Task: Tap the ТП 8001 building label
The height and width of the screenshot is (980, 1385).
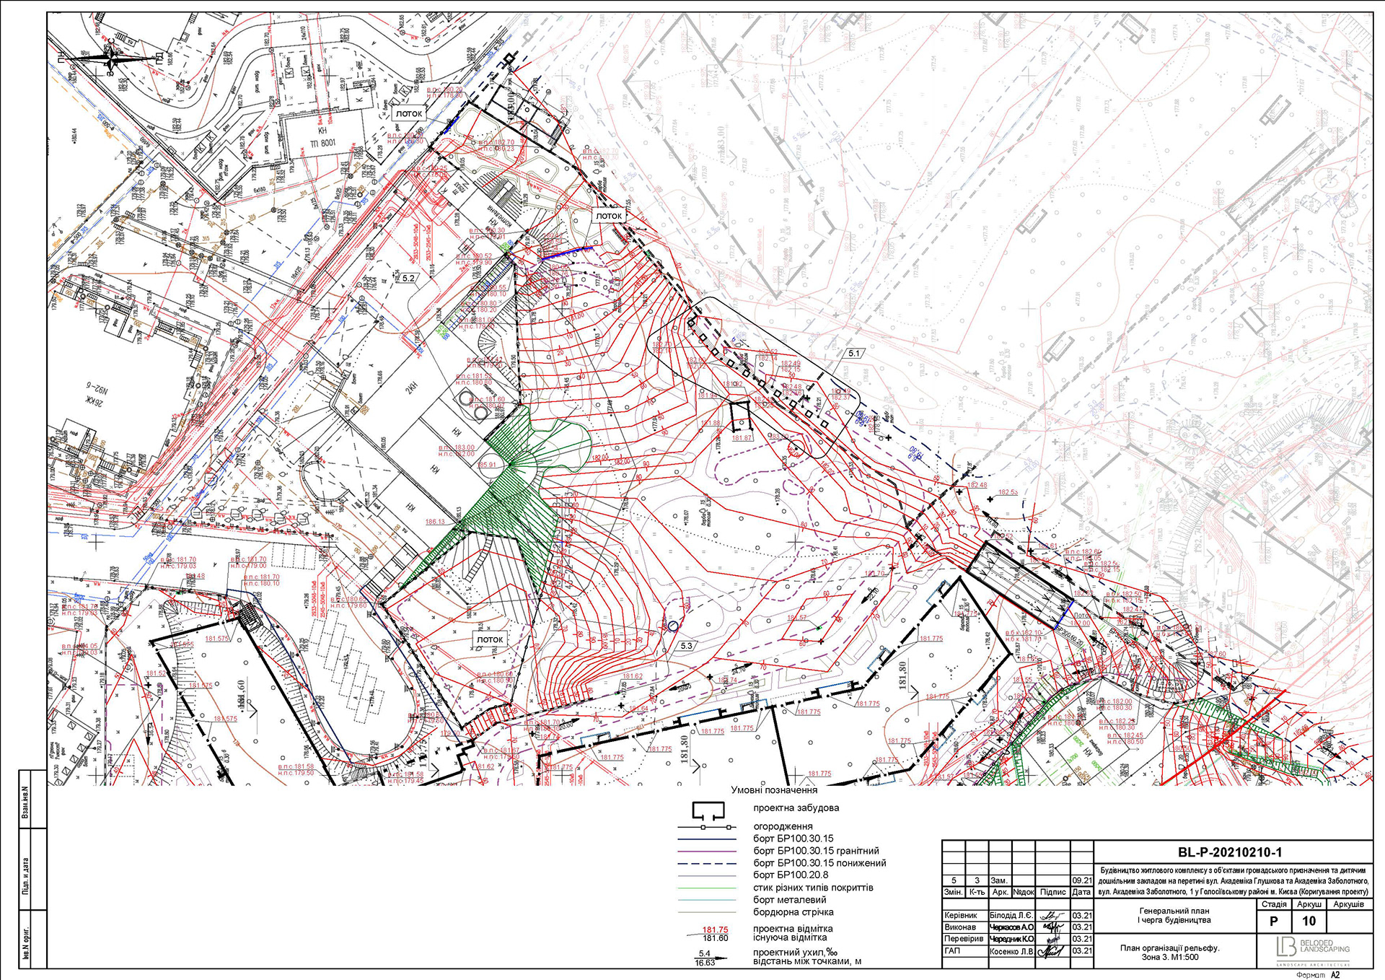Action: coord(322,143)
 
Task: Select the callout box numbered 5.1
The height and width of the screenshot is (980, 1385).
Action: coord(854,354)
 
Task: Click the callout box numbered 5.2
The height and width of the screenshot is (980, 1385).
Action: coord(409,278)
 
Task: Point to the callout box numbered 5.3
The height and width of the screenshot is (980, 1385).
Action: coord(686,646)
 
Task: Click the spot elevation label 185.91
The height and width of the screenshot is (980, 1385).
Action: coord(487,465)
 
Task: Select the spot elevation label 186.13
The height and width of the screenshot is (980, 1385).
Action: coord(435,522)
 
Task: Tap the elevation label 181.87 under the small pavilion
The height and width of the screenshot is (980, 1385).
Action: coord(742,438)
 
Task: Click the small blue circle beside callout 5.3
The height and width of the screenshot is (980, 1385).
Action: coord(672,626)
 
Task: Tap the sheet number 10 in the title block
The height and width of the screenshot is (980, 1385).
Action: coord(1309,922)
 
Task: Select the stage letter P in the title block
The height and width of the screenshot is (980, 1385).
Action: coord(1273,922)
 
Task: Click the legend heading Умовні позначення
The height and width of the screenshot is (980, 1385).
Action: coord(774,790)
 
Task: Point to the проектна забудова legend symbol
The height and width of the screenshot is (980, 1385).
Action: coord(708,810)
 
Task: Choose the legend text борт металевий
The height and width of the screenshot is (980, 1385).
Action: coord(790,900)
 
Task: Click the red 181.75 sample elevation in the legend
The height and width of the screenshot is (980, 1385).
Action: coord(715,929)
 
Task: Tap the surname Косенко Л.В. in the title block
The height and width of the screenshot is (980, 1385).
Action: coord(1011,951)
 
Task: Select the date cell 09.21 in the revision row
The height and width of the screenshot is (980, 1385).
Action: coord(1082,880)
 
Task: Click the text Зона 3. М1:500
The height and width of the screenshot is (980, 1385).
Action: coord(1169,958)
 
